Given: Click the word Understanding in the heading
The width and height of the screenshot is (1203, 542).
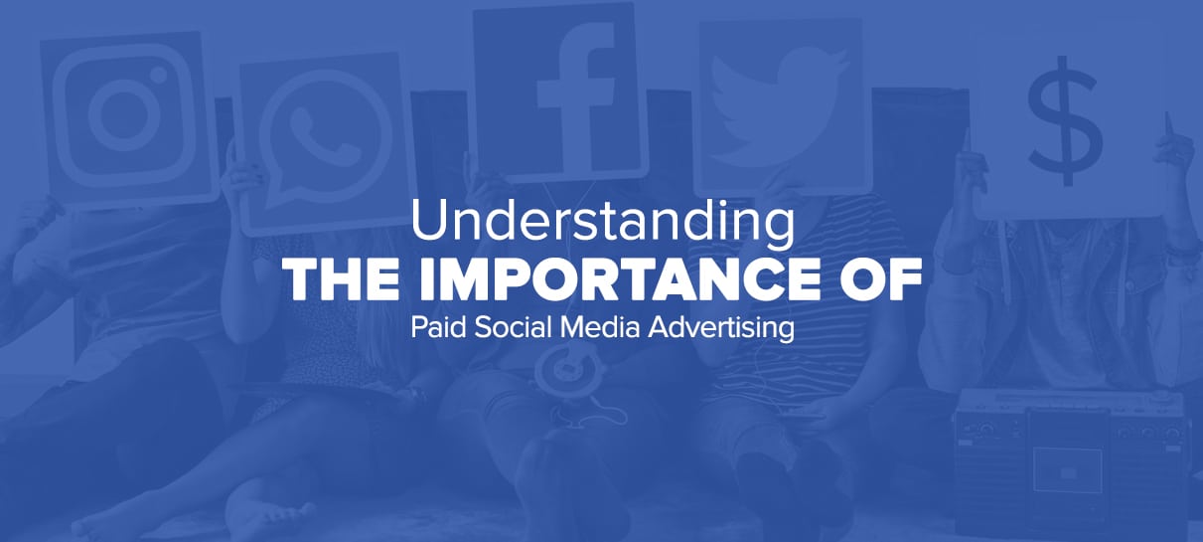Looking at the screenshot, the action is (x=602, y=222).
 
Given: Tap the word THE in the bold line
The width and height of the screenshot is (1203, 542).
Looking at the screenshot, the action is (x=342, y=280).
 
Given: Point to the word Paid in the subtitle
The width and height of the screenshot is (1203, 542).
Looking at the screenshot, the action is (x=438, y=327).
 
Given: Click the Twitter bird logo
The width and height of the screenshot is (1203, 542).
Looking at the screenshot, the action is (x=779, y=102).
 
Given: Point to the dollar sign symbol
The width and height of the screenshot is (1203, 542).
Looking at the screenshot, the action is (x=1066, y=121).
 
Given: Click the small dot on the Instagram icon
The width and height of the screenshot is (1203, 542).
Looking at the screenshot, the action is (x=160, y=74).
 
